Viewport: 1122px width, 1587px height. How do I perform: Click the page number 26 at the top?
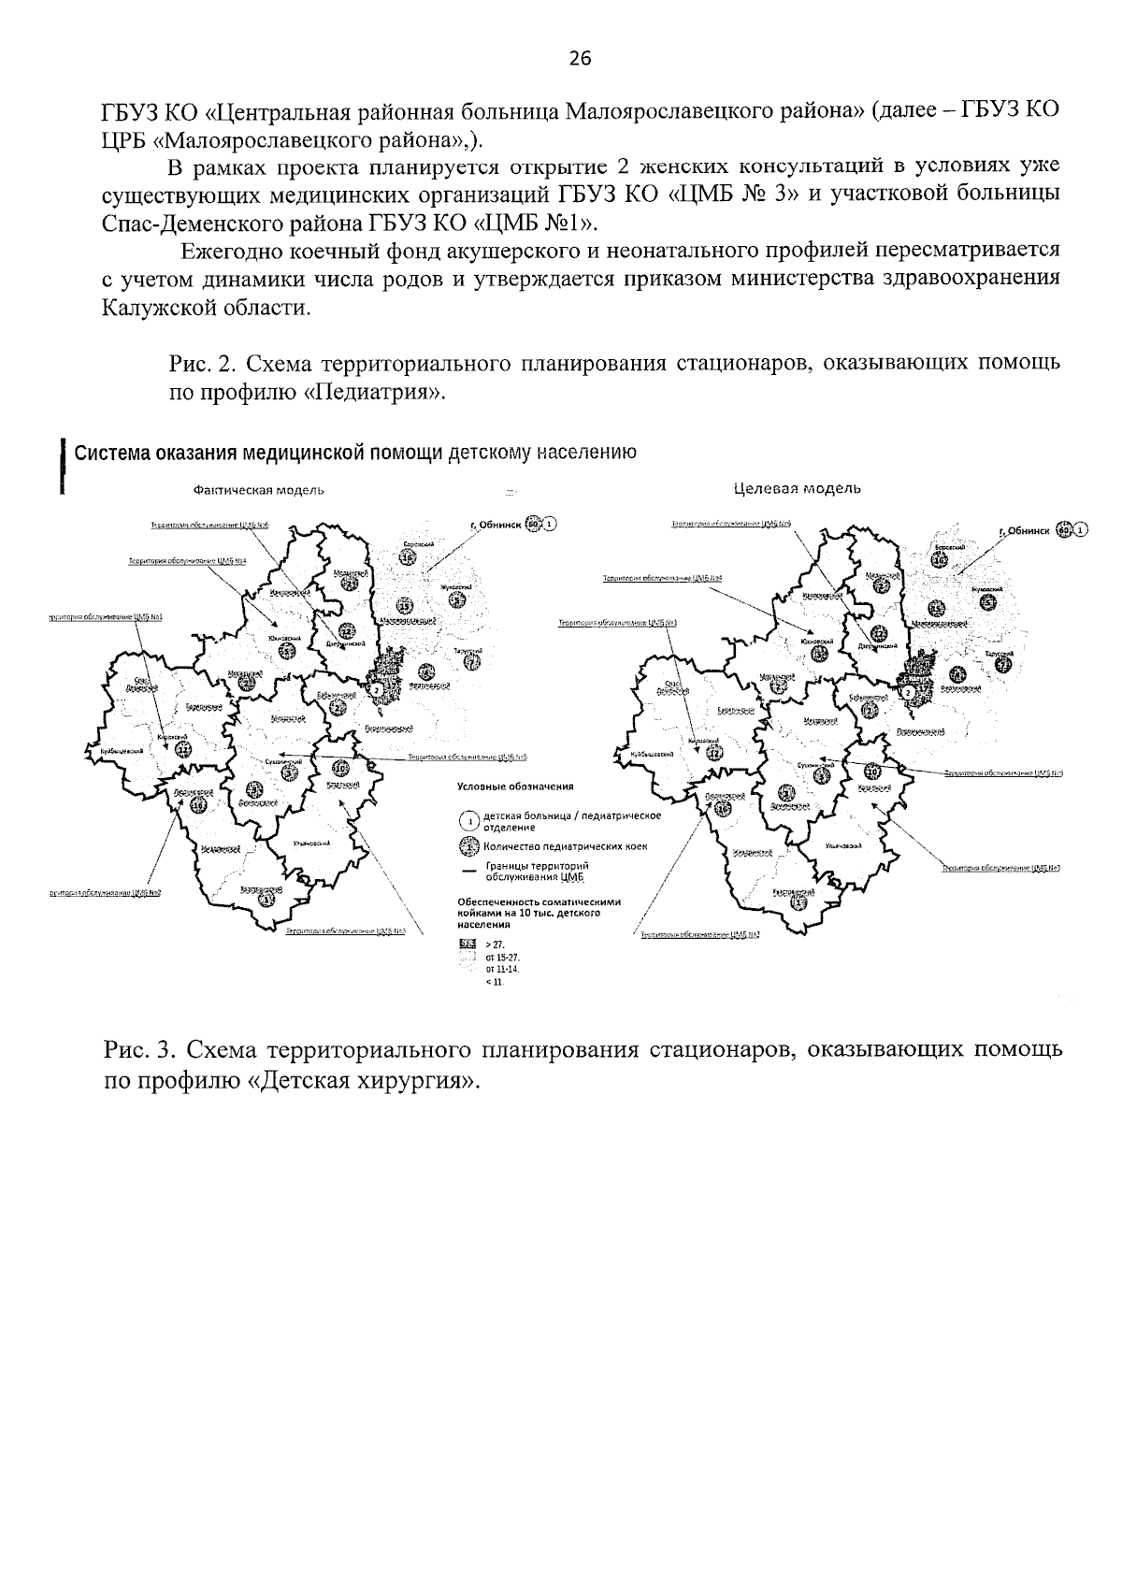[580, 59]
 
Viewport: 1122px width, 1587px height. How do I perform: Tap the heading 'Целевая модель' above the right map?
[797, 488]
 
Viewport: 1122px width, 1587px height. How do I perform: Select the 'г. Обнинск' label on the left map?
[496, 525]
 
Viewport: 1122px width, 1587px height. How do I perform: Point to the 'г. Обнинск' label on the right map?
[1025, 530]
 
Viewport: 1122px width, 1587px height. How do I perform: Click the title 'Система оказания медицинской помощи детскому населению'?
[355, 454]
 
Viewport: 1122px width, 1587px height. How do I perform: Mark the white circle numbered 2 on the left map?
[376, 689]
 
